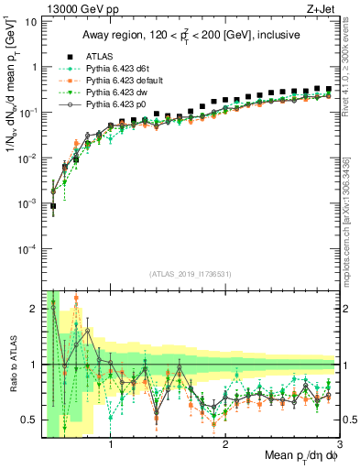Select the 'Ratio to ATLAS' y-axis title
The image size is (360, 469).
(x=13, y=366)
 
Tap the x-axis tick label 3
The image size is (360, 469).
(x=340, y=445)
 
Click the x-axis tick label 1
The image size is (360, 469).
(x=111, y=445)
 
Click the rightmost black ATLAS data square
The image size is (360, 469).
(x=328, y=89)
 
